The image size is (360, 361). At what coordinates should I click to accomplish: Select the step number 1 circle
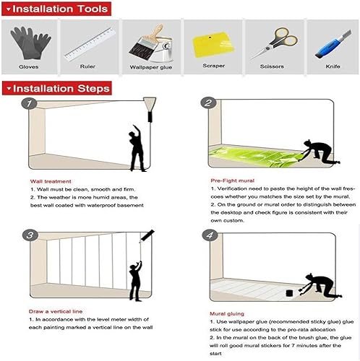point(29,104)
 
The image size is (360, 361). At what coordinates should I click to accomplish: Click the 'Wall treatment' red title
point(50,181)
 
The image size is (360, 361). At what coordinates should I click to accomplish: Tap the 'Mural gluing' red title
point(228,314)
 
